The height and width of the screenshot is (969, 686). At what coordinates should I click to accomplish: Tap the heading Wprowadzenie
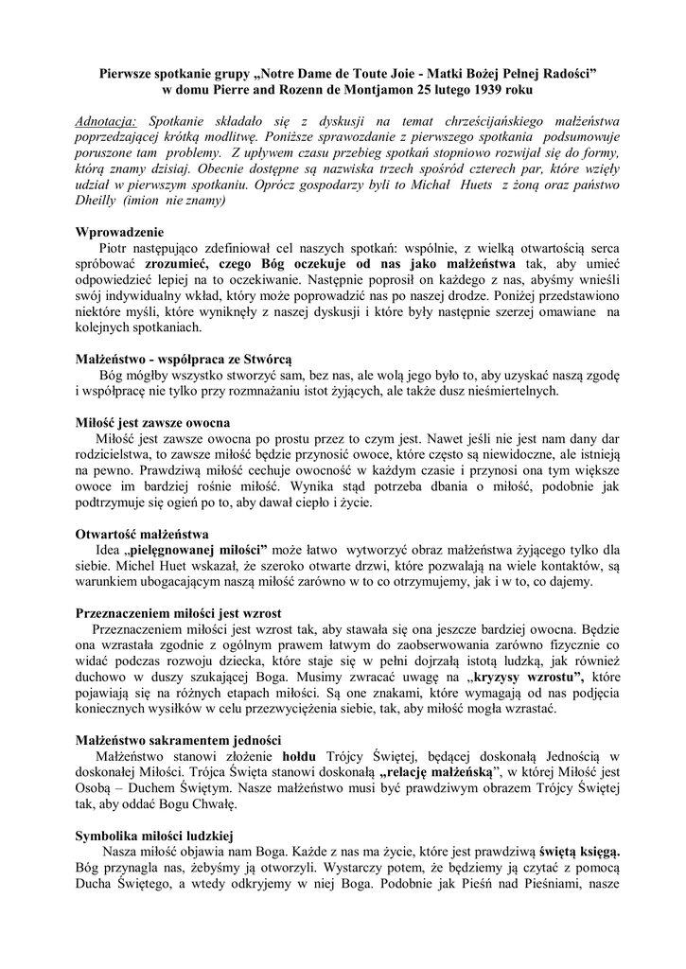pos(119,232)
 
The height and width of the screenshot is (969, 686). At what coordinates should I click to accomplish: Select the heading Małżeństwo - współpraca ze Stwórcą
pos(184,360)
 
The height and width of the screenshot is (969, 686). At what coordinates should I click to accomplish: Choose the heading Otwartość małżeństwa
pos(142,535)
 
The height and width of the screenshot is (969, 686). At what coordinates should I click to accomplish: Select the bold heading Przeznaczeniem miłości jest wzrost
pos(178,613)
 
